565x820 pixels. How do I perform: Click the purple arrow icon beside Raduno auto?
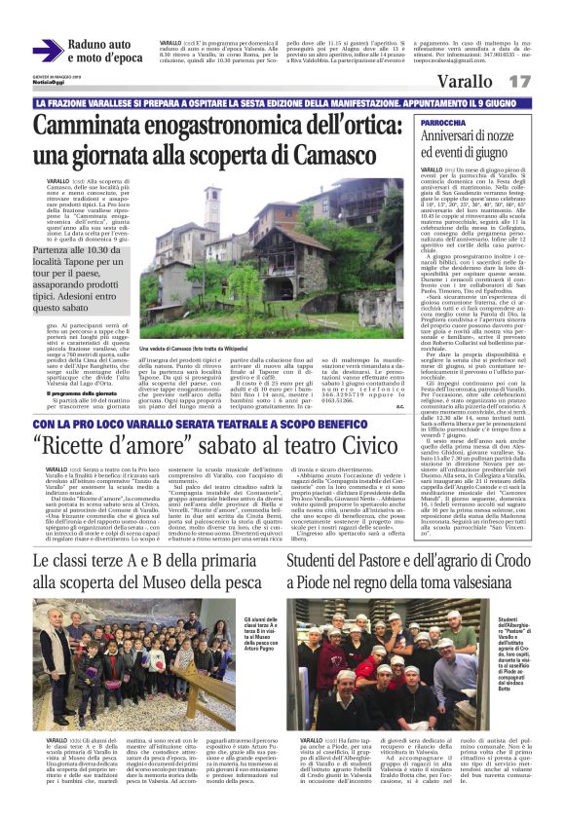coord(47,51)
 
